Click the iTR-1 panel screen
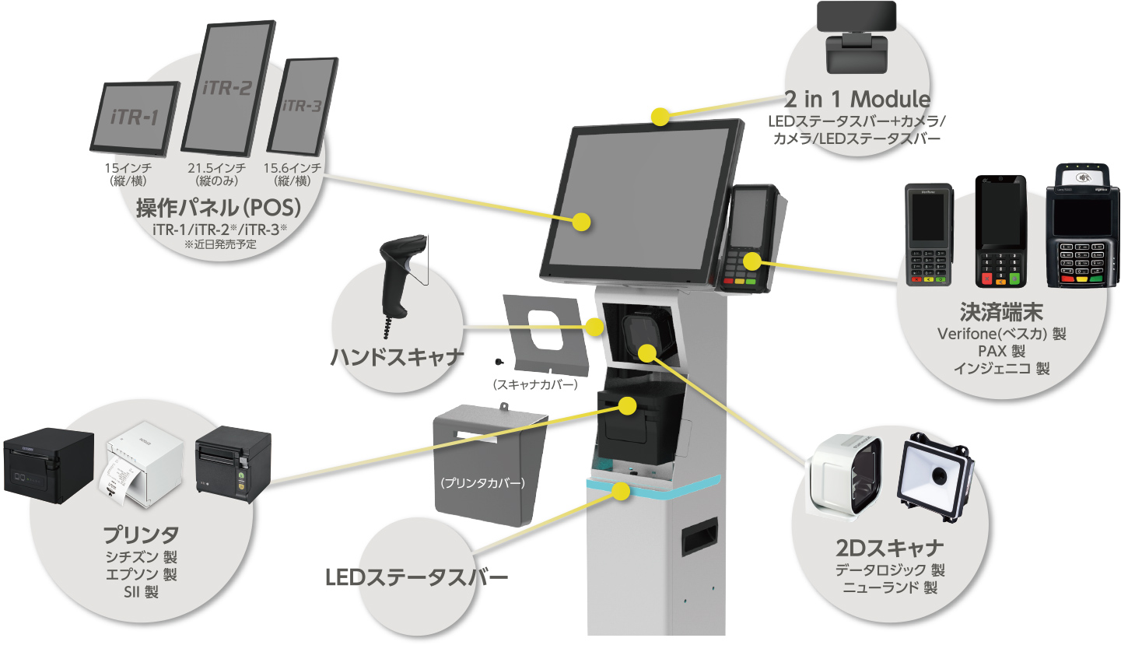[135, 117]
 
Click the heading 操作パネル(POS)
[219, 209]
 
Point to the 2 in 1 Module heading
[857, 100]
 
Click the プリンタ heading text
[142, 535]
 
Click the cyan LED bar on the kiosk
[653, 486]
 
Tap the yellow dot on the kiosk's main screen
[581, 222]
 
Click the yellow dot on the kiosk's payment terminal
[751, 260]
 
